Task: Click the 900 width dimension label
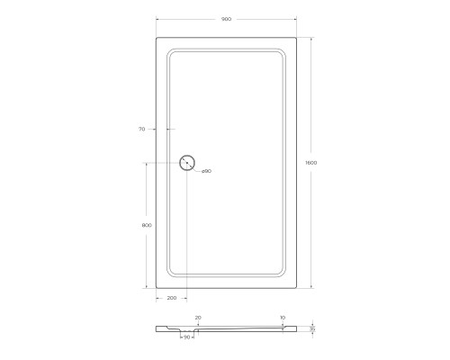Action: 226,19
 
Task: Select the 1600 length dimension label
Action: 311,163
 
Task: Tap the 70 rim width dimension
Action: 142,129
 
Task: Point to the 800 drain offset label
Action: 147,225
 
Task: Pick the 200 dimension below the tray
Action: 172,298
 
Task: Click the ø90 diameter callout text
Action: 206,171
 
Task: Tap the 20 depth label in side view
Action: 198,318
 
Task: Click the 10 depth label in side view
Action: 283,318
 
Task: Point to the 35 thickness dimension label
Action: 312,328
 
